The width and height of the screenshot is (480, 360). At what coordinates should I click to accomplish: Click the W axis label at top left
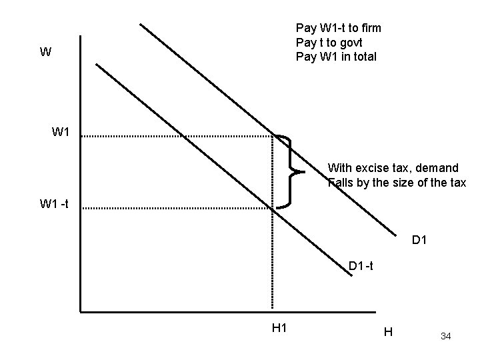tap(45, 52)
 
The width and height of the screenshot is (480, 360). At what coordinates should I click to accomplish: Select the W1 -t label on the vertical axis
tap(61, 203)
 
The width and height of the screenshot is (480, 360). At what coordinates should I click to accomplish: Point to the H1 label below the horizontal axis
tap(279, 327)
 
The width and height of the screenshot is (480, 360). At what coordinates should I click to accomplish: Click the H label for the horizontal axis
tap(389, 331)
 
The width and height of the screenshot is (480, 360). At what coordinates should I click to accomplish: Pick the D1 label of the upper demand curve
tap(420, 239)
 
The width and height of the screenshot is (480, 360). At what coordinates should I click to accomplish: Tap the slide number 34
tap(445, 336)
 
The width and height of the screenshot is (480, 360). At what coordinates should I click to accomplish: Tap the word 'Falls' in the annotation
tap(341, 182)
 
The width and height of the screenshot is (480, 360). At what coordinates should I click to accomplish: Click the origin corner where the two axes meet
tap(79, 311)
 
